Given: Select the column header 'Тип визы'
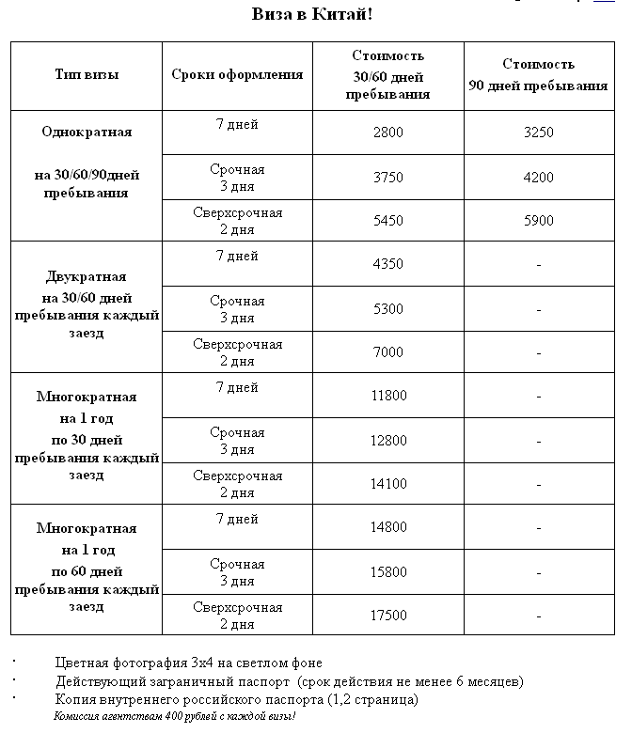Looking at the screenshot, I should click(87, 74).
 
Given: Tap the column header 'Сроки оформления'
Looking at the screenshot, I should click(237, 74).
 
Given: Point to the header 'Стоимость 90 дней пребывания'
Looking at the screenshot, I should click(538, 75).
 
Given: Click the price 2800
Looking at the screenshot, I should click(387, 133).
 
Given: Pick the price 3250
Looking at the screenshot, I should click(538, 133).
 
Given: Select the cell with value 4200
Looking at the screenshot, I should click(538, 177).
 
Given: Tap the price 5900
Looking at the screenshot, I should click(538, 221).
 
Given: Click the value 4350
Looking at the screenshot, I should click(387, 264).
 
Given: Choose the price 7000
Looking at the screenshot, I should click(387, 352).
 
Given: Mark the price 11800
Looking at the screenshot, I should click(388, 396).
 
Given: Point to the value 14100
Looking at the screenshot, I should click(388, 484).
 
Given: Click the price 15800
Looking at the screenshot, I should click(388, 571).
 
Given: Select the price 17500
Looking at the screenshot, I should click(388, 616).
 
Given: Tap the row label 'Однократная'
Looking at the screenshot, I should click(87, 132).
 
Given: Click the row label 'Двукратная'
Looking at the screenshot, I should click(87, 277).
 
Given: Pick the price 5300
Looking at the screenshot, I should click(387, 308).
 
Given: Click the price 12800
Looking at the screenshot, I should click(388, 440).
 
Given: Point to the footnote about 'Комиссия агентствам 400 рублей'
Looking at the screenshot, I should click(174, 716).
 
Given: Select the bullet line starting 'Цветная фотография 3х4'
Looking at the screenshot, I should click(188, 663).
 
